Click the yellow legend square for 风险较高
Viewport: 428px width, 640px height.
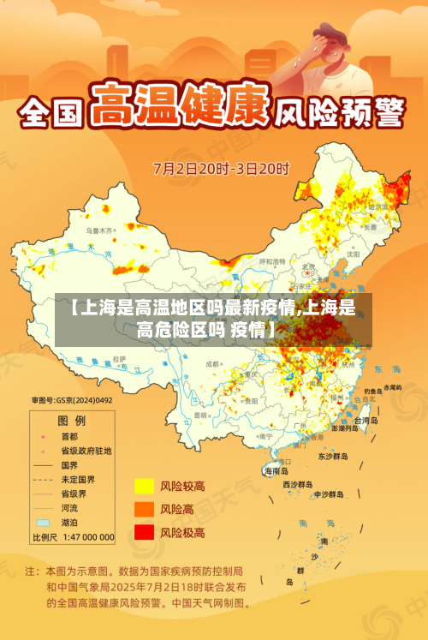click(x=143, y=487)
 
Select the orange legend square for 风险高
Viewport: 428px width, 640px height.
click(x=143, y=510)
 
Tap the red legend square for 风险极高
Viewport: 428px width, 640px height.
click(x=143, y=533)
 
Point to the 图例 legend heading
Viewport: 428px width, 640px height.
click(x=71, y=421)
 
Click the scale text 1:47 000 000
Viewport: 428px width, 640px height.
click(x=86, y=537)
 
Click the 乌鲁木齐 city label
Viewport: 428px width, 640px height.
click(x=98, y=230)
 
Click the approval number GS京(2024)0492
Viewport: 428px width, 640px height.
click(x=72, y=400)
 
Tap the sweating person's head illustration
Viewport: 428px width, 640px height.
click(x=324, y=39)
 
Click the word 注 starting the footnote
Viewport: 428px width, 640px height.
click(x=30, y=570)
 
